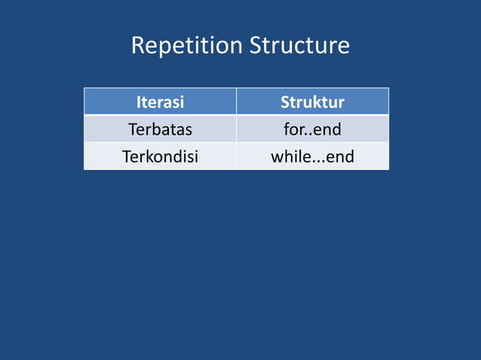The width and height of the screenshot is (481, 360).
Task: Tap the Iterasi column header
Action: pos(160,102)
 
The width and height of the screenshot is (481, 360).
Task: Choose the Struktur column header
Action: pos(312,102)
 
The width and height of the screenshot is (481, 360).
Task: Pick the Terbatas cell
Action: pos(160,130)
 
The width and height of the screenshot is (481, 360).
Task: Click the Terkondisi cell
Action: pos(160,157)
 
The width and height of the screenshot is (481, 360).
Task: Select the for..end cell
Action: pos(312,130)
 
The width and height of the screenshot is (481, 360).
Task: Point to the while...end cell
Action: pos(312,157)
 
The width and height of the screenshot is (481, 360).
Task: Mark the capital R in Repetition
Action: pos(138,46)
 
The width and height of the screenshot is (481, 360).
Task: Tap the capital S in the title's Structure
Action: pos(256,46)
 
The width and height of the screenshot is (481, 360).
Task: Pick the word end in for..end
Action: pos(327,130)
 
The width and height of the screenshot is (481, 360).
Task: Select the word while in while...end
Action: pos(290,157)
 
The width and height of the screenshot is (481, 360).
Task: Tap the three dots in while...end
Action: pos(316,162)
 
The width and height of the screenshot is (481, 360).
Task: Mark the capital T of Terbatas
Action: pos(133,130)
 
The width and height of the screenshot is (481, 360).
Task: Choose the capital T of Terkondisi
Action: pos(126,157)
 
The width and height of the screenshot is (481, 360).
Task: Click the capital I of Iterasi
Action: pos(138,102)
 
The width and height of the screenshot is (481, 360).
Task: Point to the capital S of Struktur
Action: pos(285,102)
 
